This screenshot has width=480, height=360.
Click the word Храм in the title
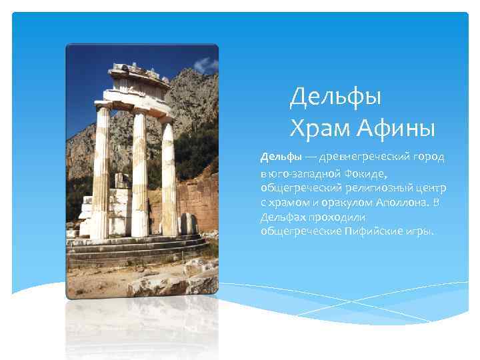(x=320, y=125)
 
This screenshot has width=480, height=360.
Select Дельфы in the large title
(x=335, y=97)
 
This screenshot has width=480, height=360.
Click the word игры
(x=418, y=231)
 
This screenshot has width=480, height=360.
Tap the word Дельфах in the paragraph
(x=283, y=217)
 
